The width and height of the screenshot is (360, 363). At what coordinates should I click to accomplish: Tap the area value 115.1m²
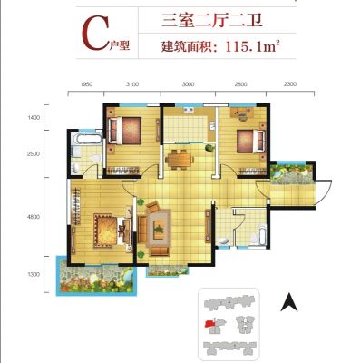click(x=251, y=46)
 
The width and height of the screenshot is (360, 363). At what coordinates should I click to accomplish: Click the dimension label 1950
click(x=86, y=84)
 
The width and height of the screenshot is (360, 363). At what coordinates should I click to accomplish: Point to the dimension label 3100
click(x=132, y=84)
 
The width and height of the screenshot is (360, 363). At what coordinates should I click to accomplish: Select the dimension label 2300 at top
click(x=290, y=84)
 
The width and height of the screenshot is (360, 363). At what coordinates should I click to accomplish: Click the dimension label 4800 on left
click(x=34, y=217)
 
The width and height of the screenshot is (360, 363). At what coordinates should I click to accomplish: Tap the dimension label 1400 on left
click(x=34, y=117)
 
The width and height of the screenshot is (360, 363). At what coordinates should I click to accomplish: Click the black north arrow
click(x=289, y=302)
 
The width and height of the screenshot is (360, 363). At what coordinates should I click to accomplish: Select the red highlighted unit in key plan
click(x=209, y=324)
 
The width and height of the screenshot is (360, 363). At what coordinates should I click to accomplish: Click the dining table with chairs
click(x=180, y=159)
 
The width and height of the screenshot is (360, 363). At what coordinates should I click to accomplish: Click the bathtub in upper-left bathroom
click(x=88, y=139)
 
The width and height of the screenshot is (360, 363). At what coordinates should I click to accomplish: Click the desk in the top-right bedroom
click(x=242, y=113)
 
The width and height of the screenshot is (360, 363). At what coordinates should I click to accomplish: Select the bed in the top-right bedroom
click(x=250, y=142)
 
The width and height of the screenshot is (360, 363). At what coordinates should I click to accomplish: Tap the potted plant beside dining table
click(x=209, y=148)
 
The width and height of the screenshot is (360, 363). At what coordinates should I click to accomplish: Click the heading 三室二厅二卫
click(x=211, y=20)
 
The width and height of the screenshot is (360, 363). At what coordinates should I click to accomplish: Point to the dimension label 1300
click(x=34, y=274)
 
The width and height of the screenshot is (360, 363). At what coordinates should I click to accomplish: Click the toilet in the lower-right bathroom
click(x=223, y=240)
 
